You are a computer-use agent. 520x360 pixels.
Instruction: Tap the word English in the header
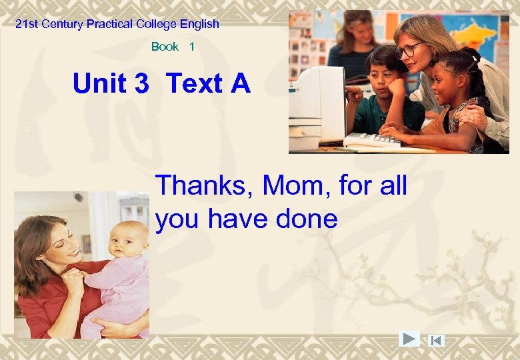coord(198,24)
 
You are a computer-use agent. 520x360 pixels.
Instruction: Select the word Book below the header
coord(165,47)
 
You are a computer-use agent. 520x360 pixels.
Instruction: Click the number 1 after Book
coord(192,47)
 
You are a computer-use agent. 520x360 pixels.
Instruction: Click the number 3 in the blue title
coord(141,84)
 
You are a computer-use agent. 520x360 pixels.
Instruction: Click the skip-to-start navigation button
coord(436,340)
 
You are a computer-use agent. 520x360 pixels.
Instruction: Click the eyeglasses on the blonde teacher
coord(409,50)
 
